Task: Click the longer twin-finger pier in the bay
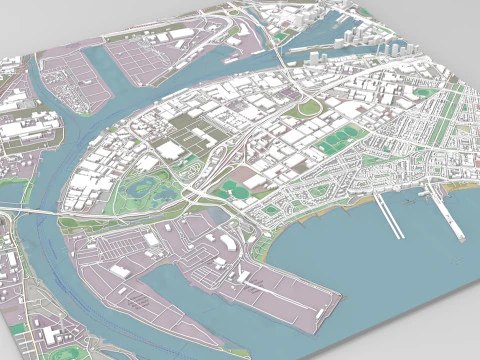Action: [390, 215]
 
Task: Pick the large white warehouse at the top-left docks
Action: [180, 35]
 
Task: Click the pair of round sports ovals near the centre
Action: [236, 188]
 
